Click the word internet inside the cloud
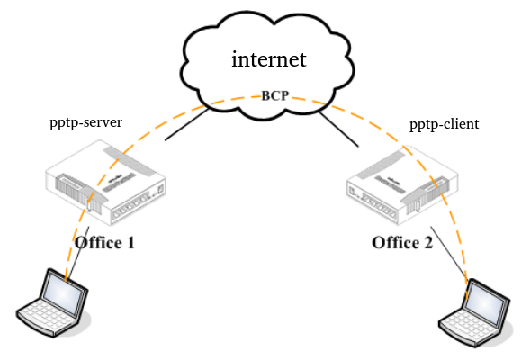pos(269,59)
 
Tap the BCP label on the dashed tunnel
pos(275,95)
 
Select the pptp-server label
pos(86,123)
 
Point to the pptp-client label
pos(445,124)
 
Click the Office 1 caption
pos(104,243)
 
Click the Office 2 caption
pos(402,243)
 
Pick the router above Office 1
pos(105,183)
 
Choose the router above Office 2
pos(402,184)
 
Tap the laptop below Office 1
pos(53,302)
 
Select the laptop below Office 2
pos(474,313)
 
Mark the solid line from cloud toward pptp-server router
pos(186,124)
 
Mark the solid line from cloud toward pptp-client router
pos(338,130)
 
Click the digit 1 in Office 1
pos(130,243)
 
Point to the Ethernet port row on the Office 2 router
pos(379,205)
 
